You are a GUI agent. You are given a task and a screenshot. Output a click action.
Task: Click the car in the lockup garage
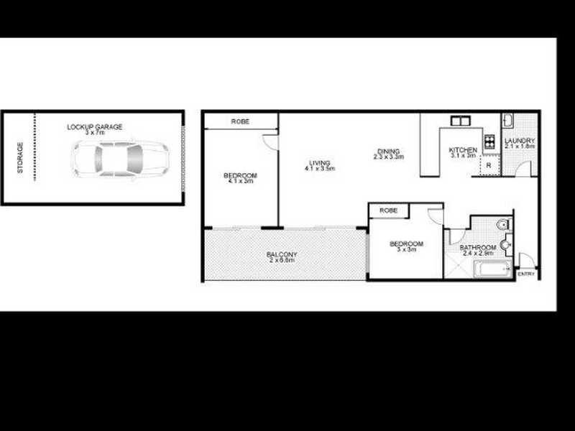(x=119, y=159)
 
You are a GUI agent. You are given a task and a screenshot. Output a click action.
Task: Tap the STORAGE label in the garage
(x=21, y=157)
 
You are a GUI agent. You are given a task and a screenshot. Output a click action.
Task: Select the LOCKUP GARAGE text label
(x=94, y=127)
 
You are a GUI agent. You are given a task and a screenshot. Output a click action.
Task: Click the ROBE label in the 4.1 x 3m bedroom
(x=240, y=122)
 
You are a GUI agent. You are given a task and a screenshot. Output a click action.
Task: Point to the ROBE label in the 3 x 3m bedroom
(x=389, y=210)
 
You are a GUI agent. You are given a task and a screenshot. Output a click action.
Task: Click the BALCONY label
(x=282, y=254)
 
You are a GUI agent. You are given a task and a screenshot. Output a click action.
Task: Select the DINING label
(x=388, y=151)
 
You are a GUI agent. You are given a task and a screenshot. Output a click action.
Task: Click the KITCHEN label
(x=463, y=149)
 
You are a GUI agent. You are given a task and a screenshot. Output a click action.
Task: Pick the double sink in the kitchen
(x=460, y=121)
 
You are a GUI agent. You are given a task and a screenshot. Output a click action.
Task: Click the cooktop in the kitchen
(x=491, y=141)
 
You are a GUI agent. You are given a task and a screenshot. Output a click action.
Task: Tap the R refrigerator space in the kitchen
(x=489, y=165)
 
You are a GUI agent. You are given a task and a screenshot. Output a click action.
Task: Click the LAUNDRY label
(x=520, y=141)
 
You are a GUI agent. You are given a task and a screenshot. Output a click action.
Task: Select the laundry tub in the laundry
(x=507, y=120)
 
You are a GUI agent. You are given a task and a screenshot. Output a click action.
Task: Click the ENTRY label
(x=525, y=274)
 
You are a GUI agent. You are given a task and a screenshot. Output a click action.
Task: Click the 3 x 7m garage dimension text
(x=94, y=133)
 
